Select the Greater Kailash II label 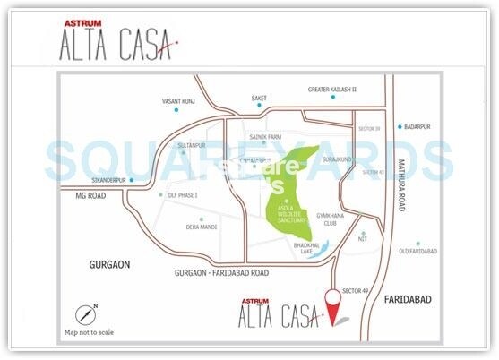pyautogui.click(x=332, y=90)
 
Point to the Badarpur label pyautogui.click(x=418, y=127)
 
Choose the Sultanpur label pyautogui.click(x=192, y=144)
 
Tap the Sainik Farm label pyautogui.click(x=266, y=139)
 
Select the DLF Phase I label pyautogui.click(x=183, y=194)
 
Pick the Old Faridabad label pyautogui.click(x=418, y=252)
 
